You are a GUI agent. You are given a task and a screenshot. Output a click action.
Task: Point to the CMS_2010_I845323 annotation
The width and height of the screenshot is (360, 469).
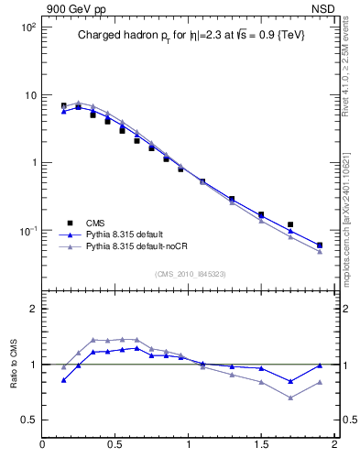click(190, 274)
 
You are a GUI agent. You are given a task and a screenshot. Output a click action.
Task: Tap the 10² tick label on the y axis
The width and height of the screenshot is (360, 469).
click(27, 27)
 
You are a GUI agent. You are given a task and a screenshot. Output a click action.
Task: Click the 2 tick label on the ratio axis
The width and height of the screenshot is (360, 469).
click(32, 309)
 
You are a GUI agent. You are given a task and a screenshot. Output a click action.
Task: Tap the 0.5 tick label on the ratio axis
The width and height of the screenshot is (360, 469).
click(27, 420)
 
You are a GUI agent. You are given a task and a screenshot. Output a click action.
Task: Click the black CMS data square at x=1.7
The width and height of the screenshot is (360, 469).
click(290, 224)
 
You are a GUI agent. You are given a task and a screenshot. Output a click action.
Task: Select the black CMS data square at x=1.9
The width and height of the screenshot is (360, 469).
click(320, 245)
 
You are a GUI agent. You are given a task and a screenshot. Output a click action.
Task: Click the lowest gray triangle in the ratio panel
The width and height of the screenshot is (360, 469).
click(290, 398)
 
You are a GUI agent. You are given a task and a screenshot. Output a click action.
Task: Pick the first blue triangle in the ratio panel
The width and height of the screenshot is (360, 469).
click(63, 379)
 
